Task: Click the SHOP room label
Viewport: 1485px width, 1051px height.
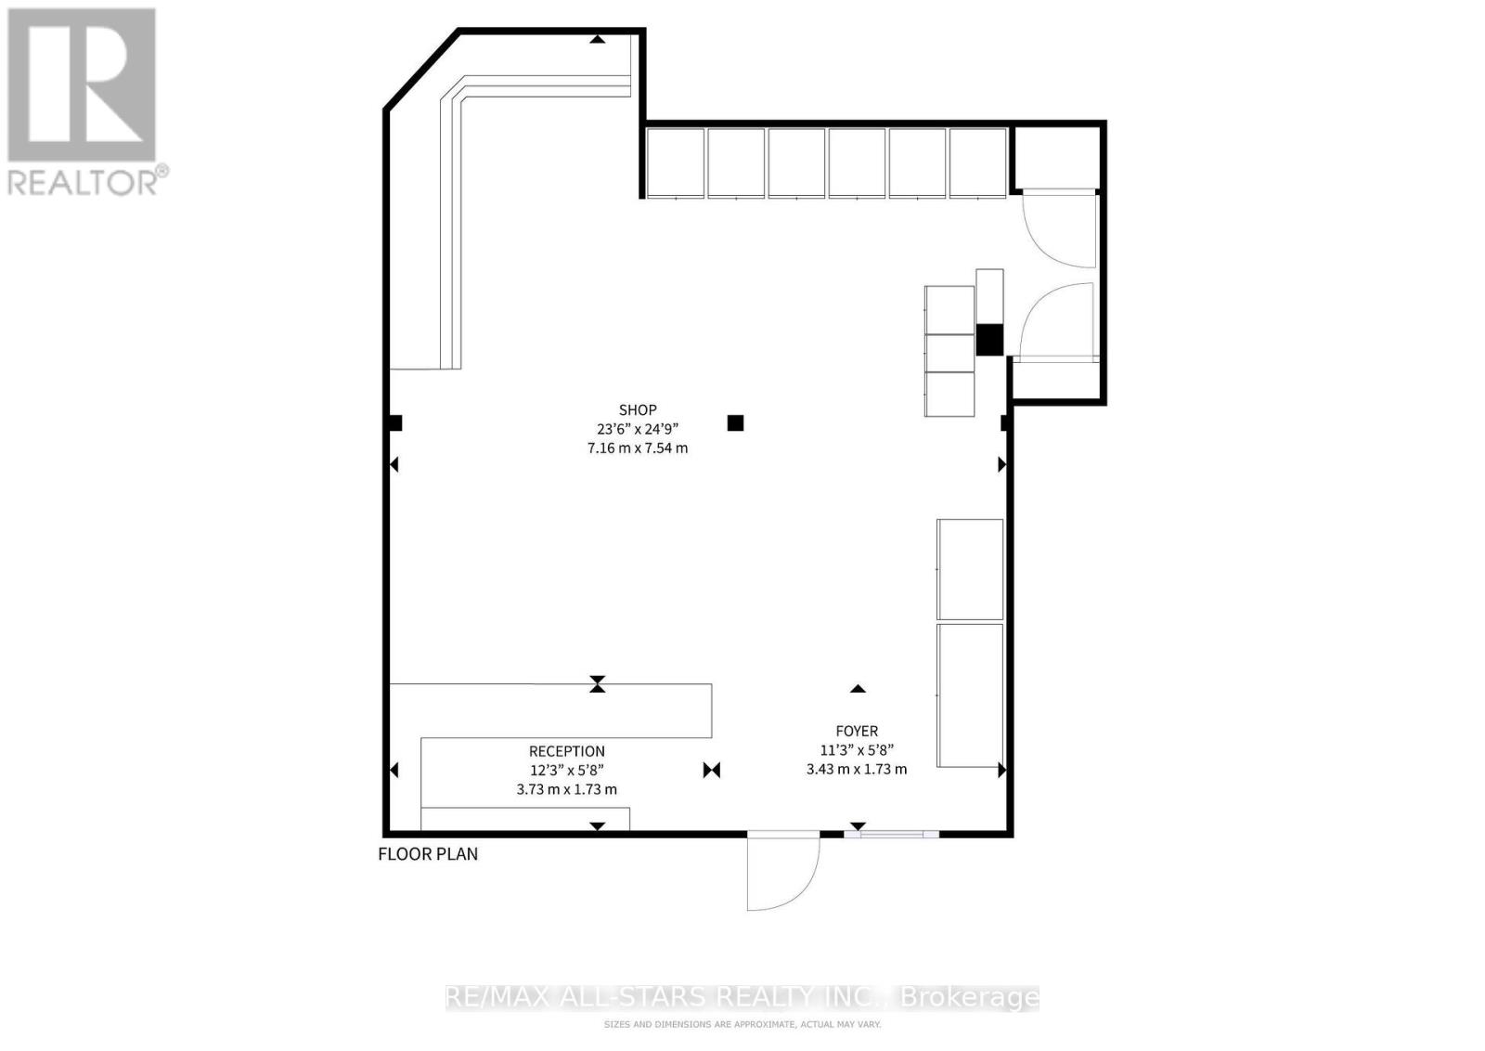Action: coord(638,409)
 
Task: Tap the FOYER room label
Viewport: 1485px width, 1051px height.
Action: coord(856,731)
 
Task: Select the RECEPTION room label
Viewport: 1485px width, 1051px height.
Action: coord(566,751)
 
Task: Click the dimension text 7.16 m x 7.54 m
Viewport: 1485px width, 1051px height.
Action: coord(638,448)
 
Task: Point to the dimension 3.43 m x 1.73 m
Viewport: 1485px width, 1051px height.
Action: coord(856,769)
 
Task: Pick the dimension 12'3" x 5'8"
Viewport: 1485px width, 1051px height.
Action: coord(566,770)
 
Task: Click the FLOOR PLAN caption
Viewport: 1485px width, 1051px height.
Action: coord(428,853)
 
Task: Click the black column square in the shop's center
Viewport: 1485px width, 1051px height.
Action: coord(735,423)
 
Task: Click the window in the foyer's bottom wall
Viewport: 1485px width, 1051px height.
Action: coord(891,835)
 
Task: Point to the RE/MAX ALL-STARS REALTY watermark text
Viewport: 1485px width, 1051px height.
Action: coord(742,998)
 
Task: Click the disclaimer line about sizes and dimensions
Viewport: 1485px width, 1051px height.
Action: coord(742,1024)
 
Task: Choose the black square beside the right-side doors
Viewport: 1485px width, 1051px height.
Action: coord(989,339)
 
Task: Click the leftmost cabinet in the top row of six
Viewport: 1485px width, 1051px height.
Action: coord(675,162)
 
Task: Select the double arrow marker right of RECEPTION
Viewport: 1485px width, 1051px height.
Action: coord(712,770)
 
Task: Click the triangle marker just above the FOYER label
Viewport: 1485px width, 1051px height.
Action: coord(858,689)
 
